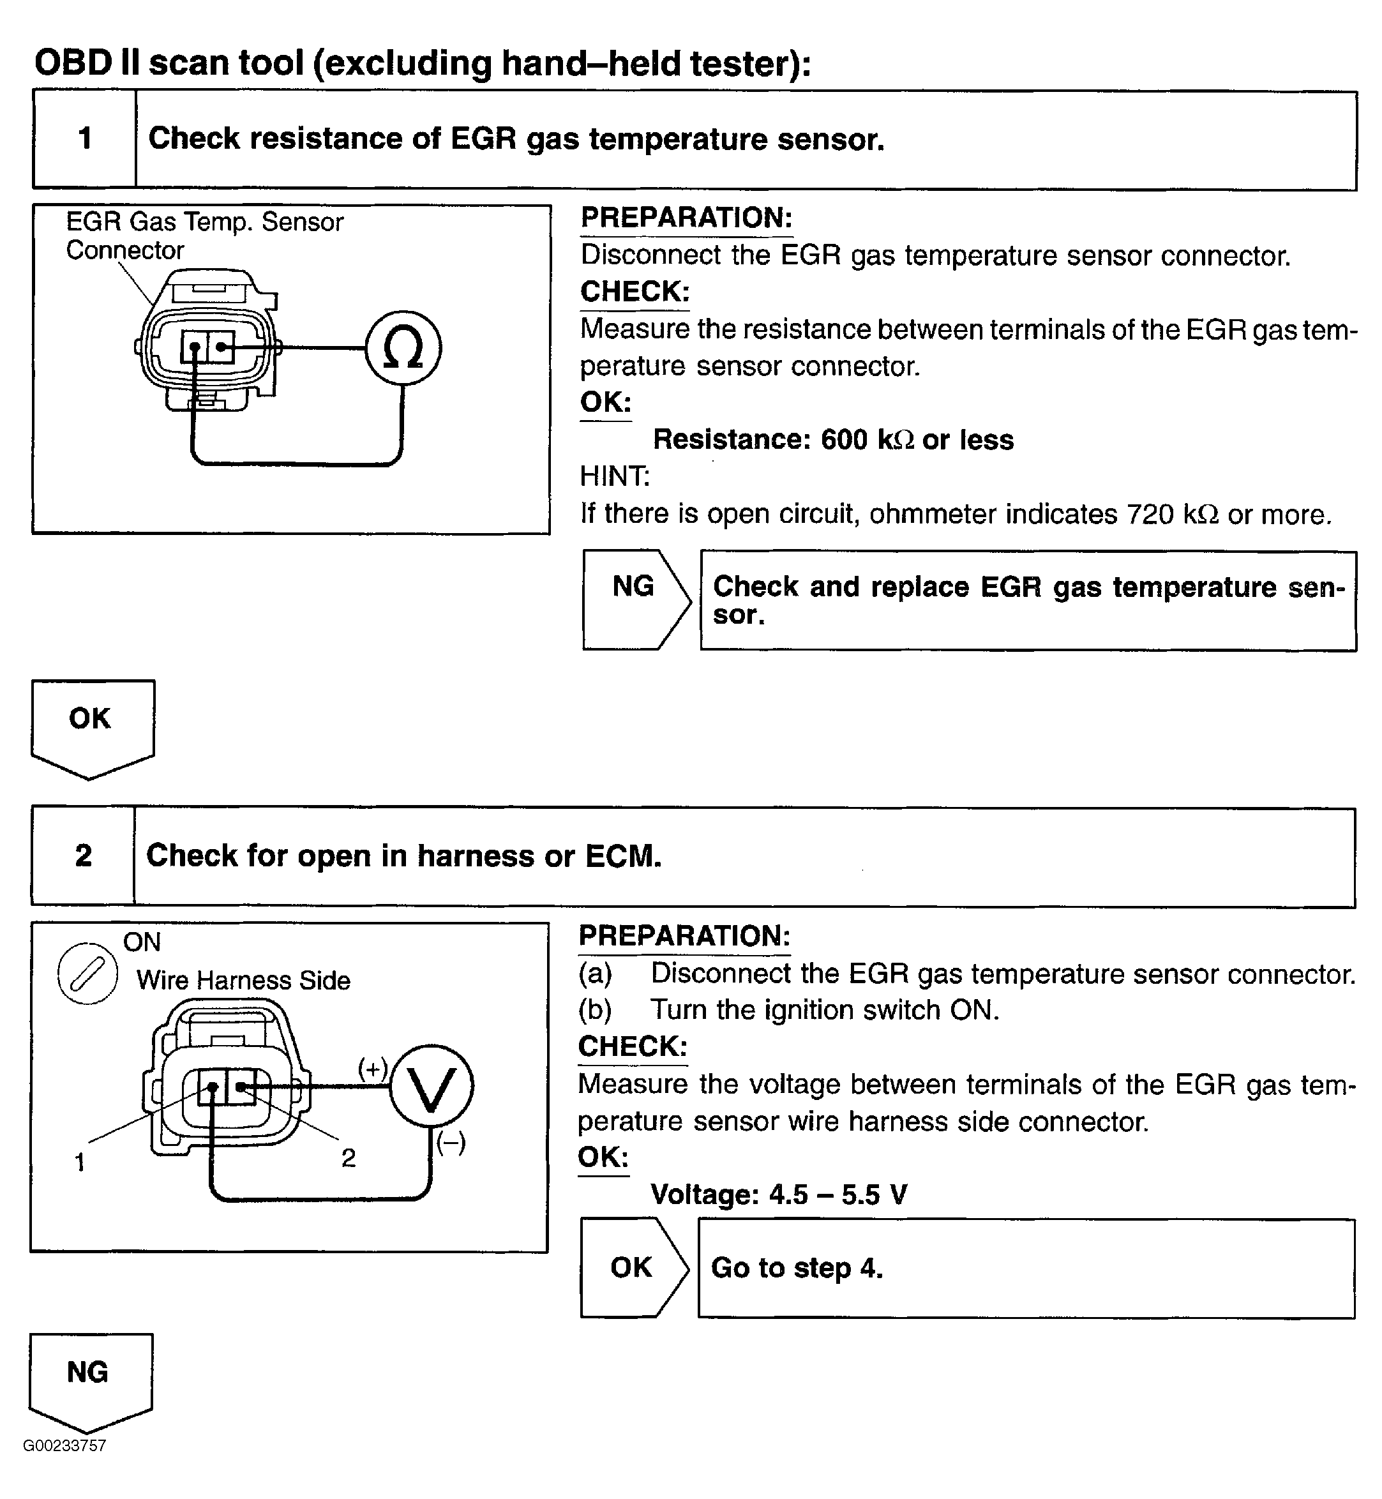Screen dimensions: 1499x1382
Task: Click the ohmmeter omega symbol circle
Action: (x=403, y=348)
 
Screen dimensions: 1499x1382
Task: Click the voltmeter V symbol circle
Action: (x=432, y=1087)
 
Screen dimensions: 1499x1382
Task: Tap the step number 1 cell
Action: (x=84, y=139)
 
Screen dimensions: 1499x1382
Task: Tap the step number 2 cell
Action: (x=83, y=855)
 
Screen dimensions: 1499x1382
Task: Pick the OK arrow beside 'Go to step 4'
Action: (x=632, y=1267)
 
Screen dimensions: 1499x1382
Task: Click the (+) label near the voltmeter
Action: (x=372, y=1067)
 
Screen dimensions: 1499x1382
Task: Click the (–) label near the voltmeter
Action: (x=451, y=1142)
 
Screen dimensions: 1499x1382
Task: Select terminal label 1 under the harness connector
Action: (x=80, y=1162)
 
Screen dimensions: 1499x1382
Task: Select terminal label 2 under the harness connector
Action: (x=349, y=1158)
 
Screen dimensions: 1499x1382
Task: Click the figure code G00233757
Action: (x=65, y=1467)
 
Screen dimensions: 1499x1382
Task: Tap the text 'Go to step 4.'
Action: (x=797, y=1268)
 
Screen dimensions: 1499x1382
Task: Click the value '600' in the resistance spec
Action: (x=843, y=440)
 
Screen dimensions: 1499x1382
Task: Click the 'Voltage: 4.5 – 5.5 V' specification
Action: (x=779, y=1194)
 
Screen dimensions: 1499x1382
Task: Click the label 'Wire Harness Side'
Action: (x=243, y=981)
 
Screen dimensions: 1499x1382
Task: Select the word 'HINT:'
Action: (x=615, y=476)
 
